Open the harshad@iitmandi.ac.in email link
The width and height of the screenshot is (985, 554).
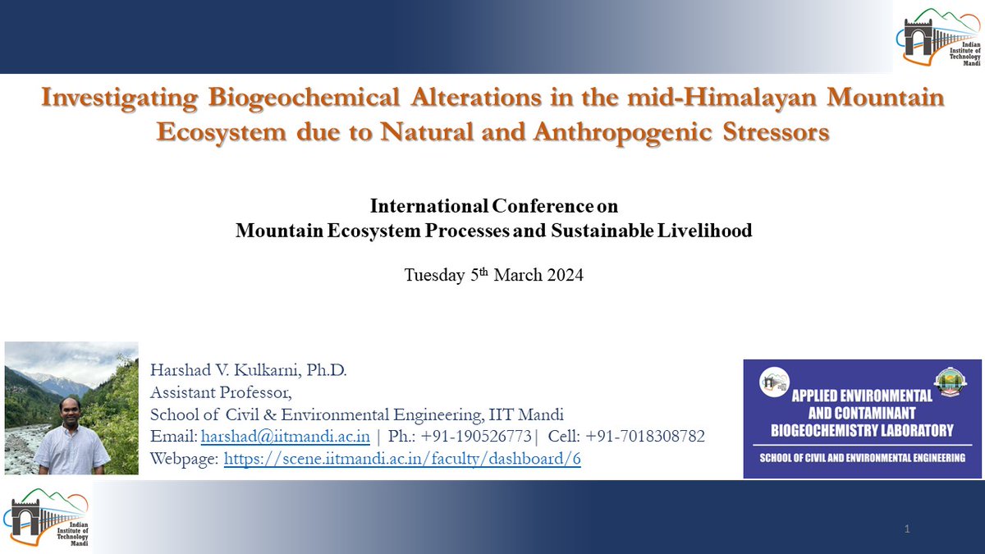point(285,437)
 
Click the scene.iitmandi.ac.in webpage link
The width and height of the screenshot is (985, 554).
point(402,459)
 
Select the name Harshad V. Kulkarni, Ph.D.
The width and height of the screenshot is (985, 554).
point(249,371)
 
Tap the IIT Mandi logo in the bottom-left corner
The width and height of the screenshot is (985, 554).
point(45,519)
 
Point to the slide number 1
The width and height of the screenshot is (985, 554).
point(907,529)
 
